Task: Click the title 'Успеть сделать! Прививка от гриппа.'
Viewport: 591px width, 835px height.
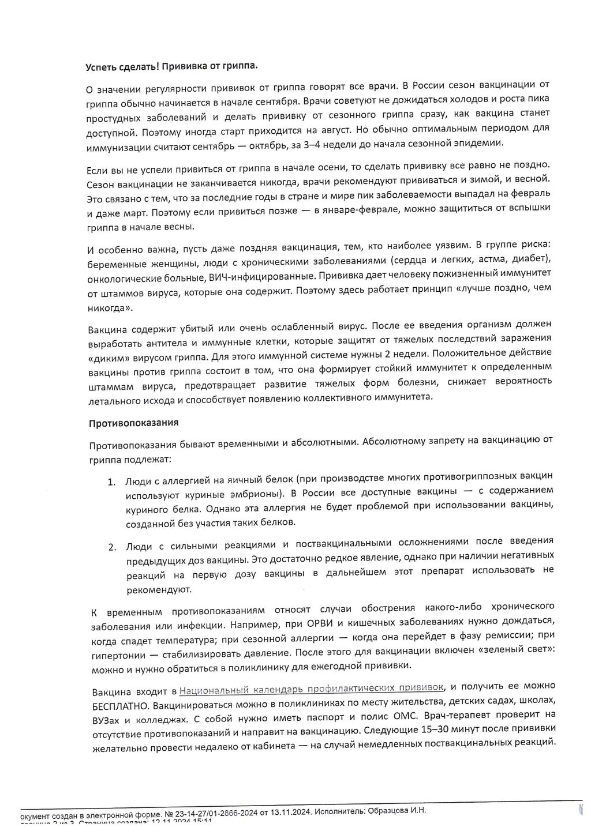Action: click(x=171, y=66)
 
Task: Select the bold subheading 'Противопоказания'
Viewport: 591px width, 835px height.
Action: click(x=133, y=423)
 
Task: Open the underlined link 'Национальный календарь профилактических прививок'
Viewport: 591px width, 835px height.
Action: click(x=312, y=688)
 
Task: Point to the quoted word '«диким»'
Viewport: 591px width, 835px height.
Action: click(x=108, y=358)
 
